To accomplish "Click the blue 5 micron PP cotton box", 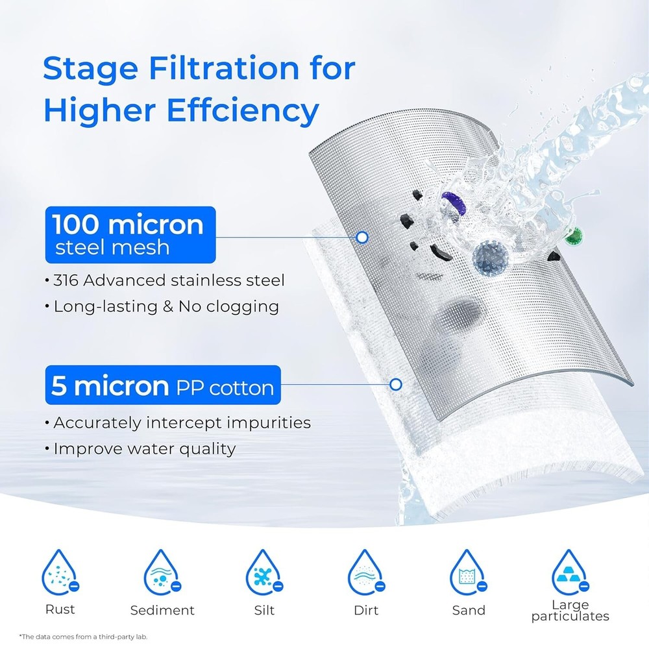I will [162, 386].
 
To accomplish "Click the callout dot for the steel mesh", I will [363, 238].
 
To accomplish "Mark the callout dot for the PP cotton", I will [395, 385].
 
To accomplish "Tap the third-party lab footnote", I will [84, 637].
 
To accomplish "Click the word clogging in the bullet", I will [246, 306].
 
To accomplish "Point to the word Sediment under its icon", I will [162, 611].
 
